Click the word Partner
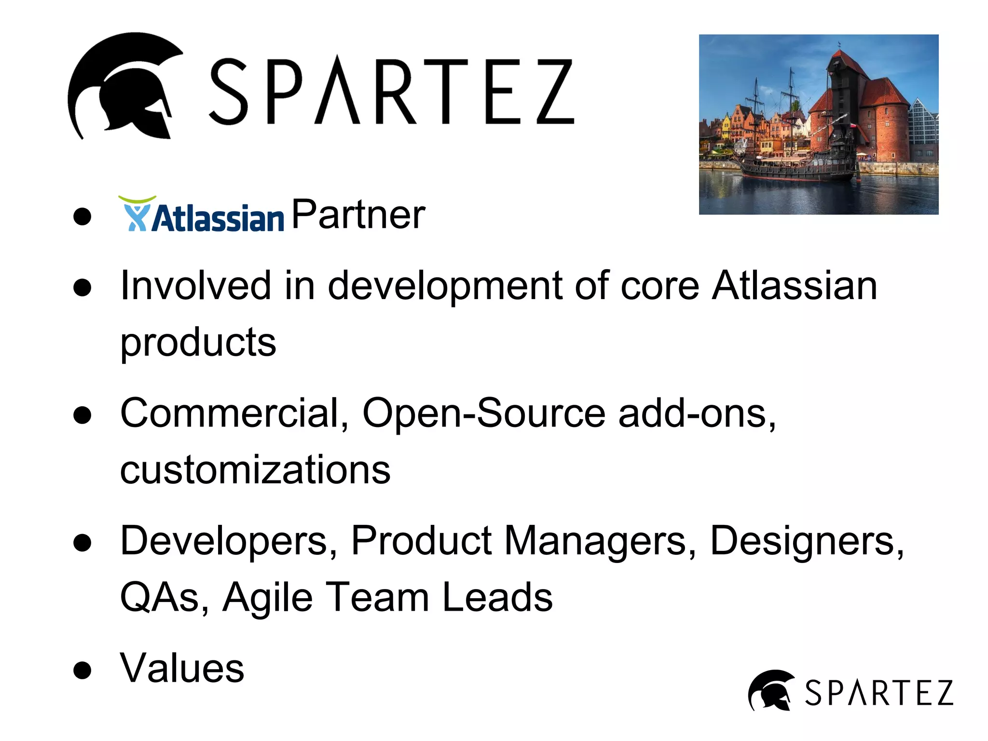pos(358,215)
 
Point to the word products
pos(198,343)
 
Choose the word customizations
pos(255,470)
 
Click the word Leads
pos(497,598)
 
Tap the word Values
pos(182,669)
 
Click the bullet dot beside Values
pos(82,671)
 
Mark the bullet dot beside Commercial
pos(82,415)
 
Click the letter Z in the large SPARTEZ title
pos(555,92)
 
